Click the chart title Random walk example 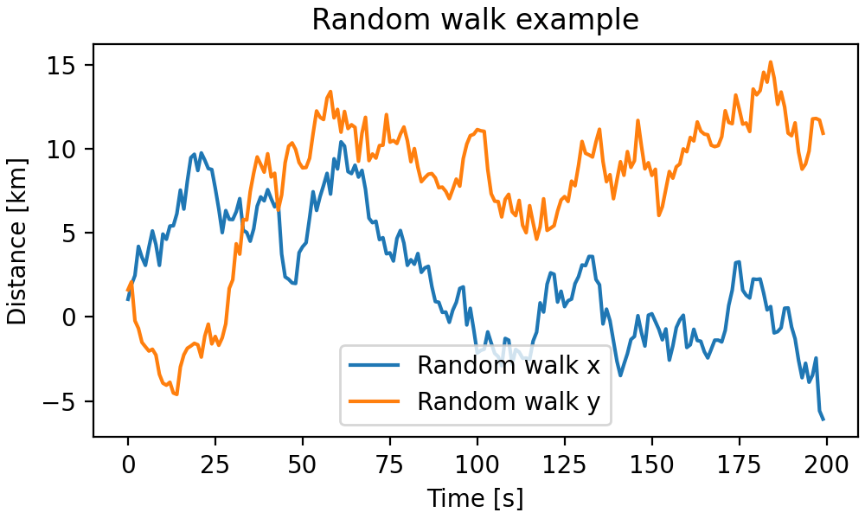[x=475, y=19]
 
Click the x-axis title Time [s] [x=475, y=498]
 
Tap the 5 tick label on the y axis [x=74, y=234]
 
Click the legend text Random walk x [x=508, y=366]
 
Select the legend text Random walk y [x=508, y=401]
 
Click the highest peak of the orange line [x=770, y=62]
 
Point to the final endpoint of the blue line [x=823, y=420]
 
